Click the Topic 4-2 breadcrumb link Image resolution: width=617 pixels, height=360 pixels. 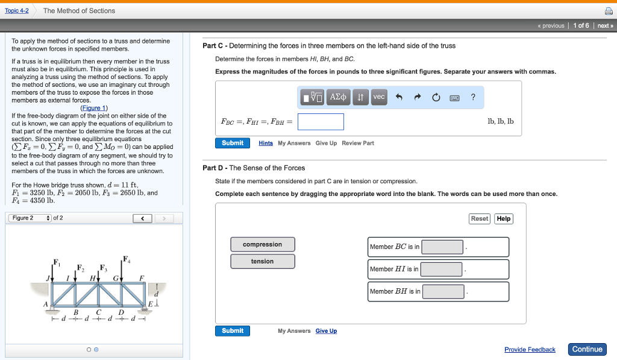tap(16, 11)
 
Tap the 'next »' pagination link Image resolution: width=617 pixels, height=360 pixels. tap(605, 26)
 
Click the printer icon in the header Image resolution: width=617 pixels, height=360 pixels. tap(608, 11)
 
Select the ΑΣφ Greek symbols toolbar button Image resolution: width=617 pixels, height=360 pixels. tap(338, 97)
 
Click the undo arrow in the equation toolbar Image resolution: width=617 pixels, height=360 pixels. tap(399, 97)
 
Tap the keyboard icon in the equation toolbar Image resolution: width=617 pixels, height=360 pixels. tap(455, 98)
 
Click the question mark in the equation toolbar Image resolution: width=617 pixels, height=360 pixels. tap(473, 97)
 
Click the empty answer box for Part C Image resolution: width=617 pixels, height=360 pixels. tap(321, 122)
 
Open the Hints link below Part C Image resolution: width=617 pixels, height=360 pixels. tap(266, 143)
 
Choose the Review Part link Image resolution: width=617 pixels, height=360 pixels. tap(358, 143)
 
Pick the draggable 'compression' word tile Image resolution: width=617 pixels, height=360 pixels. tap(262, 244)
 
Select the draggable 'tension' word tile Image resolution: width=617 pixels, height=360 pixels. tap(262, 261)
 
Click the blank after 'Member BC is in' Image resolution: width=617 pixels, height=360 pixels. tap(443, 247)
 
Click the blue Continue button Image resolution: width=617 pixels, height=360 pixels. tap(587, 349)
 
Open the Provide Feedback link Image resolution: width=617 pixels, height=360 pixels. tap(530, 350)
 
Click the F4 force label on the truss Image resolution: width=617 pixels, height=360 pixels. tap(126, 259)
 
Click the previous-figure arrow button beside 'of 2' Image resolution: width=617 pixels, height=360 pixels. tap(142, 218)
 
